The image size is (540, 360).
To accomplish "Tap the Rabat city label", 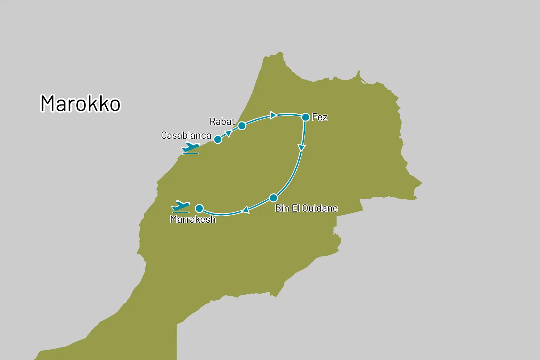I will pyautogui.click(x=222, y=121).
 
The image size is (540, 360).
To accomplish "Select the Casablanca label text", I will pyautogui.click(x=186, y=135).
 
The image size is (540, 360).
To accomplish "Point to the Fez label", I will pyautogui.click(x=320, y=117).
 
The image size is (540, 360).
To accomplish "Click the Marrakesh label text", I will pyautogui.click(x=193, y=219).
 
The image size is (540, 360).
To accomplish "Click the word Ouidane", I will pyautogui.click(x=320, y=208).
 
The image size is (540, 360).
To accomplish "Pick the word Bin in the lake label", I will pyautogui.click(x=282, y=208).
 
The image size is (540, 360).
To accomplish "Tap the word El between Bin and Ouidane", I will pyautogui.click(x=296, y=208).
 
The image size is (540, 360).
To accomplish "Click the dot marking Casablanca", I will pyautogui.click(x=218, y=139).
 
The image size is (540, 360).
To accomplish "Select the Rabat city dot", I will pyautogui.click(x=242, y=126).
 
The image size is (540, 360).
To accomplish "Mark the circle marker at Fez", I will pyautogui.click(x=305, y=117).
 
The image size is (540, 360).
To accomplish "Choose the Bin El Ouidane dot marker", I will pyautogui.click(x=273, y=198).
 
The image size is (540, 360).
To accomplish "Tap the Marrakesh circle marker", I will pyautogui.click(x=199, y=208).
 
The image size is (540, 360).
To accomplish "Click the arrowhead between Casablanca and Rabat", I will pyautogui.click(x=228, y=134).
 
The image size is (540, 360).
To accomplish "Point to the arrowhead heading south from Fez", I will pyautogui.click(x=302, y=148).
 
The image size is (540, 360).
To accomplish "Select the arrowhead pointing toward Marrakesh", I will pyautogui.click(x=246, y=210).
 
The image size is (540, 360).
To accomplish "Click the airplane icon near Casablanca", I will pyautogui.click(x=191, y=148).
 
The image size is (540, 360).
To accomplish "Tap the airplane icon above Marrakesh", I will pyautogui.click(x=181, y=206).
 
